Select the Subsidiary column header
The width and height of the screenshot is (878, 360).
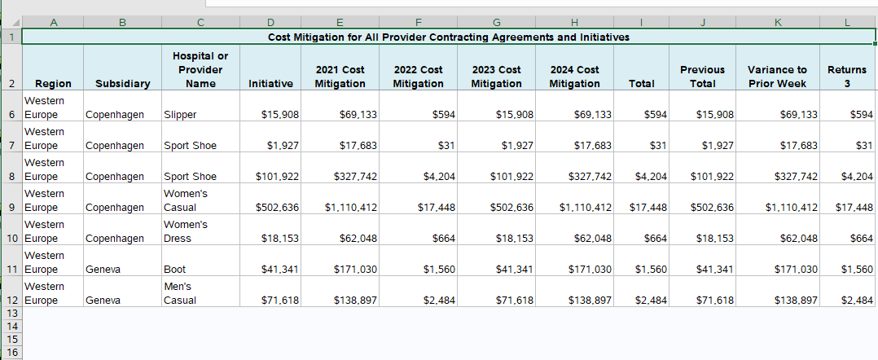(x=123, y=83)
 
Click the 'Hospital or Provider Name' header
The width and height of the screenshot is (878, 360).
(x=200, y=69)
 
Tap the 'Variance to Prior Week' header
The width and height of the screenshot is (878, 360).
(x=777, y=77)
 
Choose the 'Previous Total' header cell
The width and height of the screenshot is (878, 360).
(x=702, y=77)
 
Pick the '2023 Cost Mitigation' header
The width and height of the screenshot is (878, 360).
(x=496, y=77)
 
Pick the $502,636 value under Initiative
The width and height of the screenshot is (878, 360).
(x=277, y=207)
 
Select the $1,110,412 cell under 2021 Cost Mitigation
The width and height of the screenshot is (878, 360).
(x=350, y=207)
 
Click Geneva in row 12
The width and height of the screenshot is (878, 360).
(x=103, y=300)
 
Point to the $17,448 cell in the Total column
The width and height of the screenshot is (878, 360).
(x=648, y=207)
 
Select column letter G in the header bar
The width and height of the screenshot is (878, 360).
(x=496, y=22)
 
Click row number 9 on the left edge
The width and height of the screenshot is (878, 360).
(x=11, y=207)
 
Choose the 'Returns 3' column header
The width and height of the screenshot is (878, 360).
(x=847, y=77)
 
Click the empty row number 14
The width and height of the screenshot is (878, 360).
(x=11, y=326)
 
